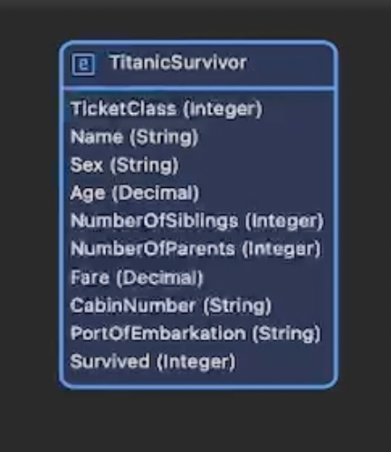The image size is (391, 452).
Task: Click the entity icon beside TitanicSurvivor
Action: coord(83,64)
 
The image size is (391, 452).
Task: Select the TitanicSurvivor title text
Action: coord(178,62)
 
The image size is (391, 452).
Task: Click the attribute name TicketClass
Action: coord(123,108)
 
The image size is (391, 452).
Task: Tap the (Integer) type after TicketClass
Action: coord(223,109)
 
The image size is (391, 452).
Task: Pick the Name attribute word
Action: coord(97,137)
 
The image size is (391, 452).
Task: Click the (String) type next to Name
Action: coord(164,137)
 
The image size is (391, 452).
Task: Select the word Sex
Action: coord(87,165)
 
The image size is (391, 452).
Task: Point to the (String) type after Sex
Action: coord(144,165)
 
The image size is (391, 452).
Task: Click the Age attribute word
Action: coord(88,193)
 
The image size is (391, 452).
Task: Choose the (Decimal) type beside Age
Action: coord(156,193)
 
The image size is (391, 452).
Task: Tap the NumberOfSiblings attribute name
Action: coord(155,221)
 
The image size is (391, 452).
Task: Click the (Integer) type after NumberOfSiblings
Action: coord(284,221)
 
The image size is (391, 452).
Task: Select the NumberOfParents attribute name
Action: coord(153,249)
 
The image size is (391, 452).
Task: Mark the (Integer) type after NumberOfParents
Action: coord(281,250)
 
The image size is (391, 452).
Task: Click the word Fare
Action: coord(91,278)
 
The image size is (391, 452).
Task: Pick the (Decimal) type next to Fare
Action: coord(159,278)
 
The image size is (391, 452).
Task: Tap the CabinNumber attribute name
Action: coord(133,305)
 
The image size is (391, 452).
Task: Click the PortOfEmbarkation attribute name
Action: coord(158,334)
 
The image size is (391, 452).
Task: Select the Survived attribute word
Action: coord(110,361)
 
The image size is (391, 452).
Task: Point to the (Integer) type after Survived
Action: coord(196,362)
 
